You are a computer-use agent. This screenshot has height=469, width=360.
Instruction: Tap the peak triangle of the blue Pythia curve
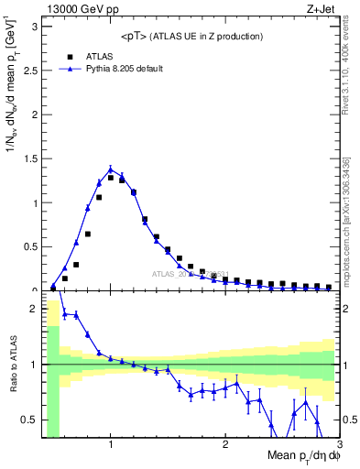pyautogui.click(x=111, y=169)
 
